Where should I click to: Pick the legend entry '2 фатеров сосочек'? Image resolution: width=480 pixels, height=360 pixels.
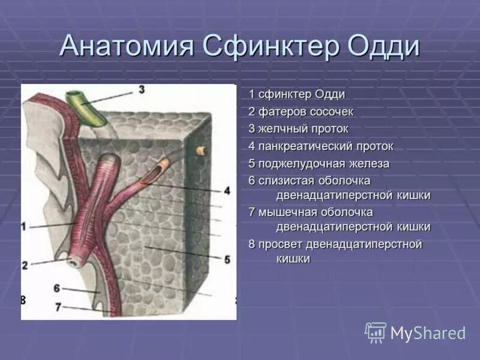click(x=301, y=112)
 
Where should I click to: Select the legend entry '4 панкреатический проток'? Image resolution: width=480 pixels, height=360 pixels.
click(x=321, y=146)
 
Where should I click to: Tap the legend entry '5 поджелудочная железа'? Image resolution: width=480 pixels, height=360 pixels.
click(x=319, y=164)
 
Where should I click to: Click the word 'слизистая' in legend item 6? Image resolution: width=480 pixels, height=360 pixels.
click(x=284, y=181)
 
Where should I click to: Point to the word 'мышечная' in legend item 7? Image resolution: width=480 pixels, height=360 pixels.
click(x=286, y=212)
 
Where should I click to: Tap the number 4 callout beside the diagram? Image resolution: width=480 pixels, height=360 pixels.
click(x=226, y=190)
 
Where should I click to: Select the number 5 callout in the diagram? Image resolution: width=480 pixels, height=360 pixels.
click(x=227, y=259)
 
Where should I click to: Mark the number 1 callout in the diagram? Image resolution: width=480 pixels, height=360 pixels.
click(x=24, y=227)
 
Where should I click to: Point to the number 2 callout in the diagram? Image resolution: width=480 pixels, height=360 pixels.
click(x=25, y=265)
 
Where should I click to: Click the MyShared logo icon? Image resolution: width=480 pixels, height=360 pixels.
click(x=376, y=332)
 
